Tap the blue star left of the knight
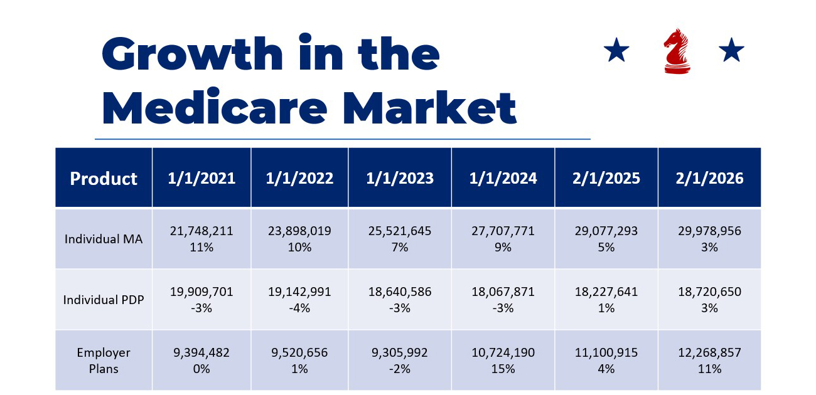tap(616, 50)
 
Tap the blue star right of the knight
tap(731, 50)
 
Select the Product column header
tap(104, 179)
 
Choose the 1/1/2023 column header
tap(400, 178)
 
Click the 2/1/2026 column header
tap(709, 178)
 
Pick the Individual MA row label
tap(104, 239)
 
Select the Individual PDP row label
tap(104, 300)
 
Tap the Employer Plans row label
tap(104, 361)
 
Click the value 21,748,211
tap(201, 231)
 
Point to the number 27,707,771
tap(503, 231)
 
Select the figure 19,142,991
tap(299, 292)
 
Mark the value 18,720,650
tap(709, 292)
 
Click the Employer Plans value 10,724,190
tap(503, 353)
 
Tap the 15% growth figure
tap(503, 369)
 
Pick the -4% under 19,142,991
tap(299, 308)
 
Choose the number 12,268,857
tap(709, 353)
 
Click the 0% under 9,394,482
tap(201, 369)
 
